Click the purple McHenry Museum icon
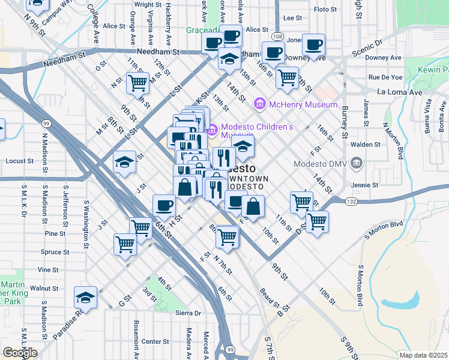point(260,104)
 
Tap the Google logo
point(20,352)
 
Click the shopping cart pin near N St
point(137,82)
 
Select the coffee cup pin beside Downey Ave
point(313,44)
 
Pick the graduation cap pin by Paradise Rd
point(85,297)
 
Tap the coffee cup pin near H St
point(164,205)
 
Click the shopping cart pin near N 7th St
point(227,236)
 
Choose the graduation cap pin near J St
point(124,162)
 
